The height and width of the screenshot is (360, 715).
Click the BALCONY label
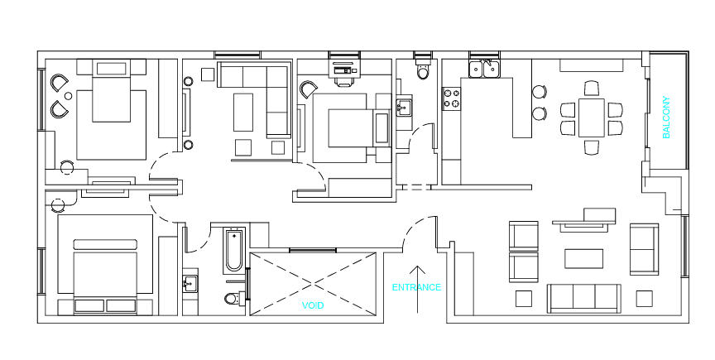coord(666,118)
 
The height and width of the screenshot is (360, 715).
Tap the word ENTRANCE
coord(417,287)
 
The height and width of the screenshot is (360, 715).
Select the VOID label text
coord(313,305)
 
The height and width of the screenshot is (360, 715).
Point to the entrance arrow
coord(417,290)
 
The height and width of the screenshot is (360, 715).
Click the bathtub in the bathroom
coord(235,250)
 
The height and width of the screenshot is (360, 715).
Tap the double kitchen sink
coord(484,69)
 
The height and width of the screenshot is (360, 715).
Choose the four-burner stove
coord(451,98)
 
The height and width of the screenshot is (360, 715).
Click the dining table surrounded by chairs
coord(592,118)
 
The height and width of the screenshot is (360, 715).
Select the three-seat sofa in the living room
coord(584,299)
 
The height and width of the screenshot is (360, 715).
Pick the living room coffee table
coord(583,259)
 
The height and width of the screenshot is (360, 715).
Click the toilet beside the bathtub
coord(233,299)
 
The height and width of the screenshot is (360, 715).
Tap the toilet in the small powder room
coord(423,70)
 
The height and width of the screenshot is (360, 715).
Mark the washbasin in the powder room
coord(403,108)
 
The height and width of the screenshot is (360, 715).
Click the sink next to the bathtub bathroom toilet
coord(190,284)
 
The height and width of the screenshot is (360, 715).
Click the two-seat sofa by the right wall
coord(645,249)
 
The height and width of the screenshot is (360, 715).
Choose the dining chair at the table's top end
coord(592,88)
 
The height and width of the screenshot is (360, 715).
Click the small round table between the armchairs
coord(69,96)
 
